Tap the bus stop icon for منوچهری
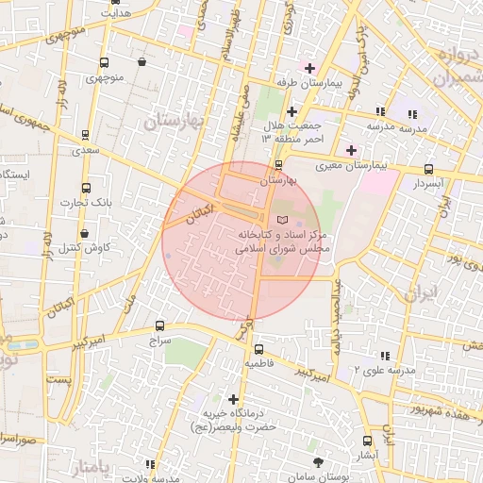104,63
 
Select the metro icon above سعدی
87,136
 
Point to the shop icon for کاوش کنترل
85,233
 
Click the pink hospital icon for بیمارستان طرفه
308,68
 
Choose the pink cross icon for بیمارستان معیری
351,150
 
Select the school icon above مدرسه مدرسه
380,111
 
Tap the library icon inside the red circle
273,218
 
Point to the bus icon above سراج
158,325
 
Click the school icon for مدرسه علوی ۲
384,356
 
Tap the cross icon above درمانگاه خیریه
233,398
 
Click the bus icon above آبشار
367,440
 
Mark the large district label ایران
422,291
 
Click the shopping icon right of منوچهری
142,62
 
